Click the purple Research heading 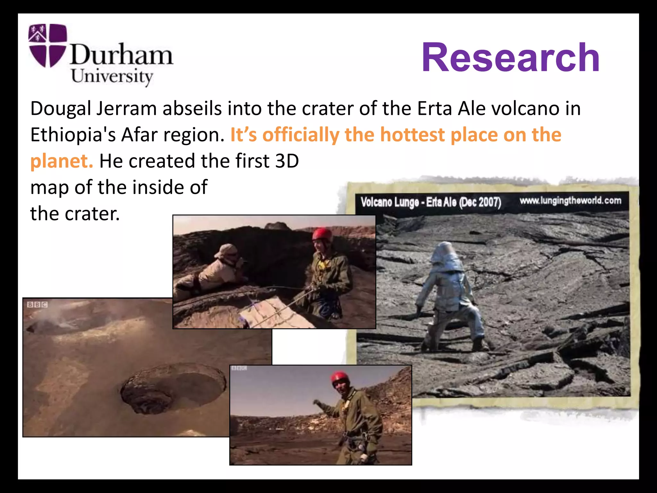coord(510,58)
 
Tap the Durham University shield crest coord(47,45)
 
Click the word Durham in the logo coord(122,54)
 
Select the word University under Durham coord(112,77)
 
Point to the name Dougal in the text coord(61,108)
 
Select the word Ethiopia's coord(73,135)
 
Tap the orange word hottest coord(412,135)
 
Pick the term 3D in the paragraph coord(287,161)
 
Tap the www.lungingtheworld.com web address coord(570,201)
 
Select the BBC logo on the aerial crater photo coord(37,305)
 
